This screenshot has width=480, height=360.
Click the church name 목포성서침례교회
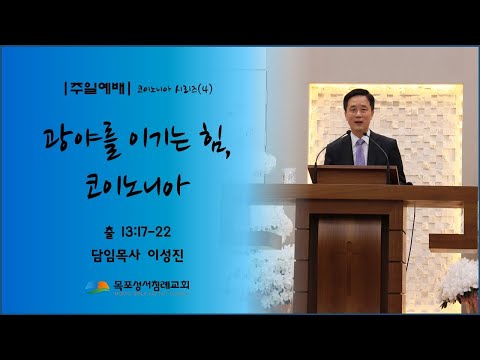tap(154, 290)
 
